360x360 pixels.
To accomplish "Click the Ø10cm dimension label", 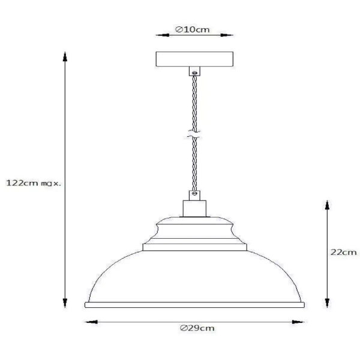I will click(x=192, y=29).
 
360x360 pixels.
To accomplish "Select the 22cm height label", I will click(x=344, y=253).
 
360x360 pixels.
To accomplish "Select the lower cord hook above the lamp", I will click(x=193, y=193).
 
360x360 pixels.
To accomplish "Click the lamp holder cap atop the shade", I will click(x=193, y=208).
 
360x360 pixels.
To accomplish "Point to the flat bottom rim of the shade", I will click(x=194, y=305).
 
